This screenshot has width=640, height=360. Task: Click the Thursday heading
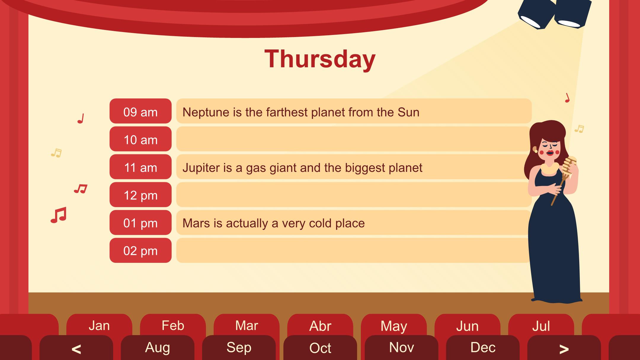320,59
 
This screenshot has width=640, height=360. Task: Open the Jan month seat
99,325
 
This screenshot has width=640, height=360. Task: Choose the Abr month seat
320,325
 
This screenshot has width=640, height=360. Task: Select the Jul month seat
541,325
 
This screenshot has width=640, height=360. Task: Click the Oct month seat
320,348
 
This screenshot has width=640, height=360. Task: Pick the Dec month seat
483,348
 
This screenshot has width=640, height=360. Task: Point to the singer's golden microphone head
569,165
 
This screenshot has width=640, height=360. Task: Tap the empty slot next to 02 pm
353,250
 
